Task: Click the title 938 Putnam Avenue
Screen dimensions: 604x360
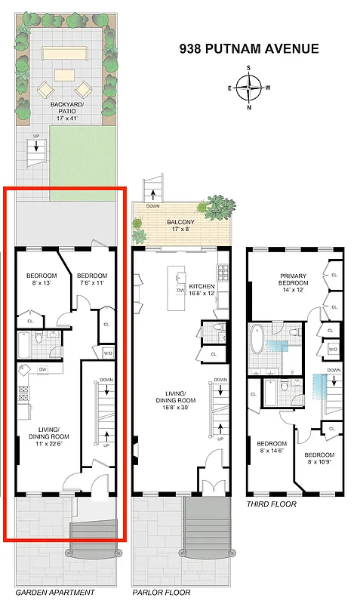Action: pos(249,49)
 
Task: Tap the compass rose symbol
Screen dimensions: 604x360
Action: pos(249,88)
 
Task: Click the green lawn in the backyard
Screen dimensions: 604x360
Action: pos(83,162)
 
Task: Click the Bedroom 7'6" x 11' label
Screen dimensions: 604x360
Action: pos(92,279)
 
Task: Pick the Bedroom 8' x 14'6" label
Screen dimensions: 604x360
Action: pos(271,447)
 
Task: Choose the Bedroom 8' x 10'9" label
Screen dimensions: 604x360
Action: pos(319,458)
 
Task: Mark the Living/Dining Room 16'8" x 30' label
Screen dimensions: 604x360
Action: pos(178,404)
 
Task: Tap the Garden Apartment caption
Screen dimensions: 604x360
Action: pos(55,593)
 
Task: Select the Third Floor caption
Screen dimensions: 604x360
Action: pos(272,504)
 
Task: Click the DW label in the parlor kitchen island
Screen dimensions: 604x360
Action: pos(180,291)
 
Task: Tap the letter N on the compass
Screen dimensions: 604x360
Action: pos(249,107)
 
